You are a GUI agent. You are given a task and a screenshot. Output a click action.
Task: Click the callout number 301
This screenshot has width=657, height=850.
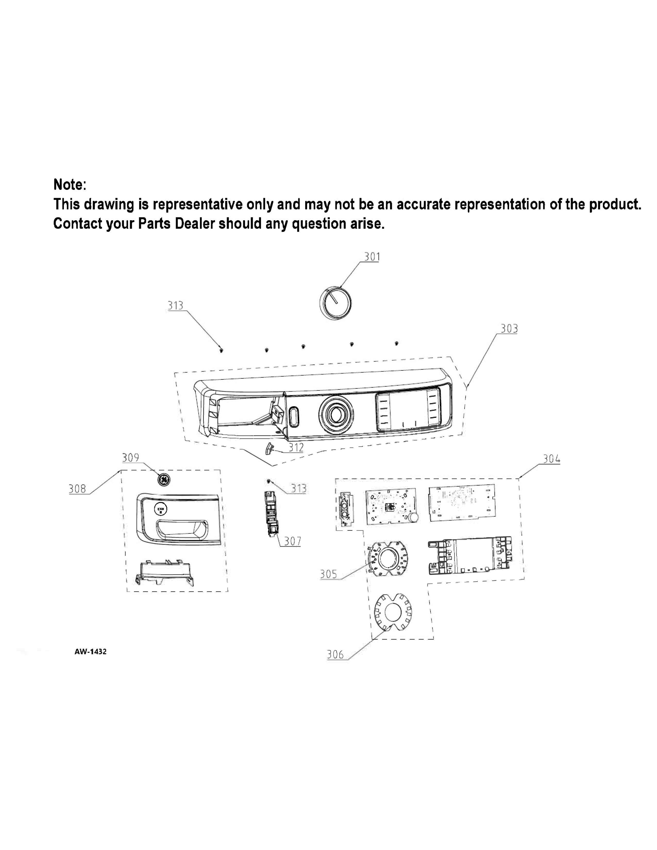pyautogui.click(x=372, y=257)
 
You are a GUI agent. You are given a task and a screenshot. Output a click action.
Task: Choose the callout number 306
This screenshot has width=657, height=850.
pyautogui.click(x=335, y=654)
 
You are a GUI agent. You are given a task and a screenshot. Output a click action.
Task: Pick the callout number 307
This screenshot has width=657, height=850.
pyautogui.click(x=292, y=541)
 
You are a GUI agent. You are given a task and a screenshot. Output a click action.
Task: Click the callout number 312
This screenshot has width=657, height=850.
pyautogui.click(x=296, y=448)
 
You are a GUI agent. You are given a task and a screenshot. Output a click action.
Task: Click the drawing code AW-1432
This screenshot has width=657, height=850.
pyautogui.click(x=90, y=651)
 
